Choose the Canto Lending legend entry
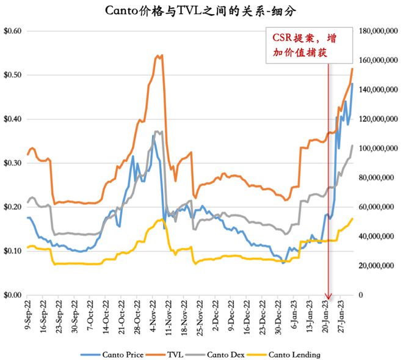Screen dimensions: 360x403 pos(294,354)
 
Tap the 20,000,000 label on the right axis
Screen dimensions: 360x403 pos(380,266)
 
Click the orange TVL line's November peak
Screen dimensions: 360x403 pos(160,56)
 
